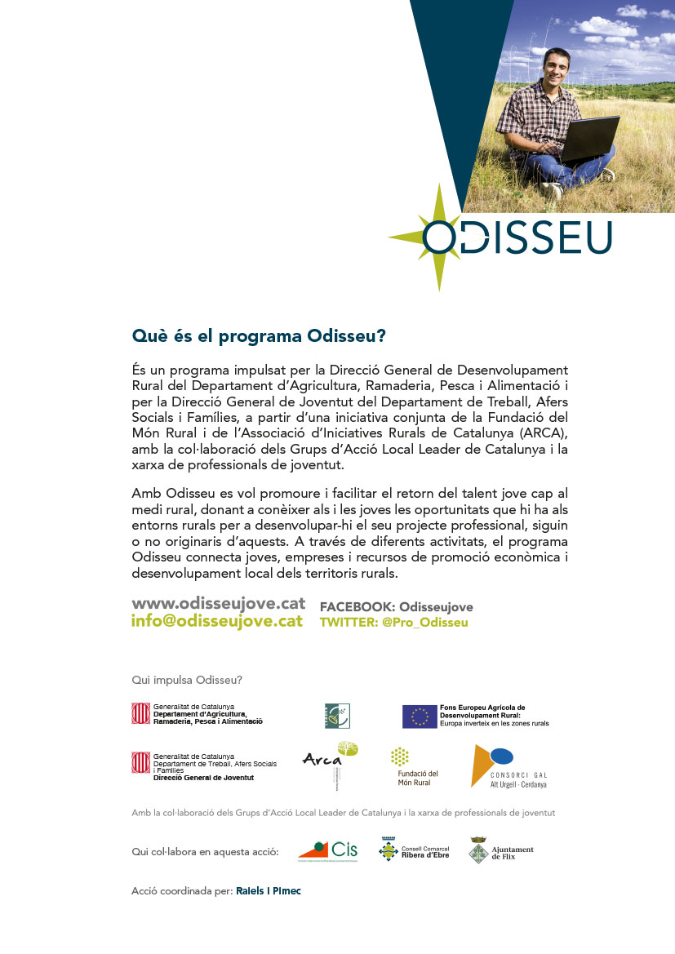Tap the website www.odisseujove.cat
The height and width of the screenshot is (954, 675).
tap(219, 603)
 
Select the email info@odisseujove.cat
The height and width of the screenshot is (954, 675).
tap(217, 621)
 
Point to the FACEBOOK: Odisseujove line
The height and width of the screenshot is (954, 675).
tap(396, 607)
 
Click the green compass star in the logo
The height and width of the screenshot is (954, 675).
tap(437, 237)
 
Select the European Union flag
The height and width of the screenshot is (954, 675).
tap(420, 716)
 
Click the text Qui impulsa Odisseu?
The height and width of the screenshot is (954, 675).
tap(187, 680)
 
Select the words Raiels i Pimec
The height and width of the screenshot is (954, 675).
tap(268, 891)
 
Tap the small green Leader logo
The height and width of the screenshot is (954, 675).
tap(337, 715)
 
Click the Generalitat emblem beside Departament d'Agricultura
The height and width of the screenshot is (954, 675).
tap(141, 714)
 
